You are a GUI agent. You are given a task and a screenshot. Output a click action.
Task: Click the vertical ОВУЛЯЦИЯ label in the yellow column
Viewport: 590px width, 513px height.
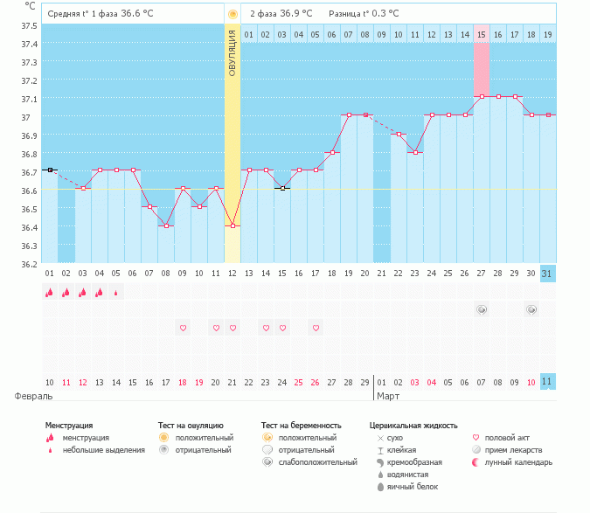click(233, 53)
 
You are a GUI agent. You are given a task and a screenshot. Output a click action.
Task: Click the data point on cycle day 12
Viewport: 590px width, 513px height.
click(233, 225)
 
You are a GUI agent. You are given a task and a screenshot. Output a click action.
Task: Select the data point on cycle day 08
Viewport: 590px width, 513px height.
click(166, 225)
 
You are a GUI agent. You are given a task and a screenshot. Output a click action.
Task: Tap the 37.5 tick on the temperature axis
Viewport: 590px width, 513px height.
click(29, 26)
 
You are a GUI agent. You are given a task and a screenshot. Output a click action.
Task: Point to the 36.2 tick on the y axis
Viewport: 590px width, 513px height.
click(29, 264)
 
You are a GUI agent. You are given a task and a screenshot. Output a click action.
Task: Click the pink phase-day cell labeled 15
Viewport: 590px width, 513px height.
click(482, 35)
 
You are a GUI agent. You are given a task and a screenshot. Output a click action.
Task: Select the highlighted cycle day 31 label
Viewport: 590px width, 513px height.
click(547, 274)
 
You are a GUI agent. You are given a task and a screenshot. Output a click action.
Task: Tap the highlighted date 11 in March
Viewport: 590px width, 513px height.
click(547, 382)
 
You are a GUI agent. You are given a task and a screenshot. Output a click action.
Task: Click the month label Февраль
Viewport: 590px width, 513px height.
click(33, 396)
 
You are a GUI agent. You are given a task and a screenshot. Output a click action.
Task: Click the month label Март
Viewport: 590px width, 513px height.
click(388, 396)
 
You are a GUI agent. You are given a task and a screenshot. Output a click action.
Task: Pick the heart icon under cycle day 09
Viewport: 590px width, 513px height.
click(183, 328)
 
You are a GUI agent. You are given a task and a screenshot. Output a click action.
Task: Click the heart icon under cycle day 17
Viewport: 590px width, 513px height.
click(316, 328)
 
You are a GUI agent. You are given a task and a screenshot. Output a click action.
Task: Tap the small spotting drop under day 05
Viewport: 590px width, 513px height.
click(116, 293)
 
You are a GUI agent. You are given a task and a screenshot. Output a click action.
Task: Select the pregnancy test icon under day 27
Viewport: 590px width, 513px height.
click(482, 309)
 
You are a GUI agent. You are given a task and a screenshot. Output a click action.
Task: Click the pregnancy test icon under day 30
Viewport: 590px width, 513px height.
click(531, 309)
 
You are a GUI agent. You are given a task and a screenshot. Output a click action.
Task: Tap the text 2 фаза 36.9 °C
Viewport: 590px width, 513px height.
click(281, 13)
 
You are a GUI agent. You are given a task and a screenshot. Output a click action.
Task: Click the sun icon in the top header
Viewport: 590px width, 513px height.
click(233, 14)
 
